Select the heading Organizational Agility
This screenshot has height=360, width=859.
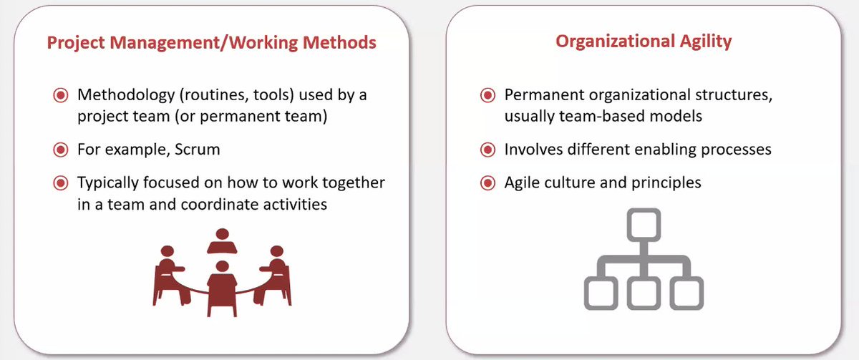644,42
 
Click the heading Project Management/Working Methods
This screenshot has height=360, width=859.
211,43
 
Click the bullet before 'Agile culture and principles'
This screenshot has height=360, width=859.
487,183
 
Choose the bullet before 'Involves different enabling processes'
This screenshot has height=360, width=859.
487,150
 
